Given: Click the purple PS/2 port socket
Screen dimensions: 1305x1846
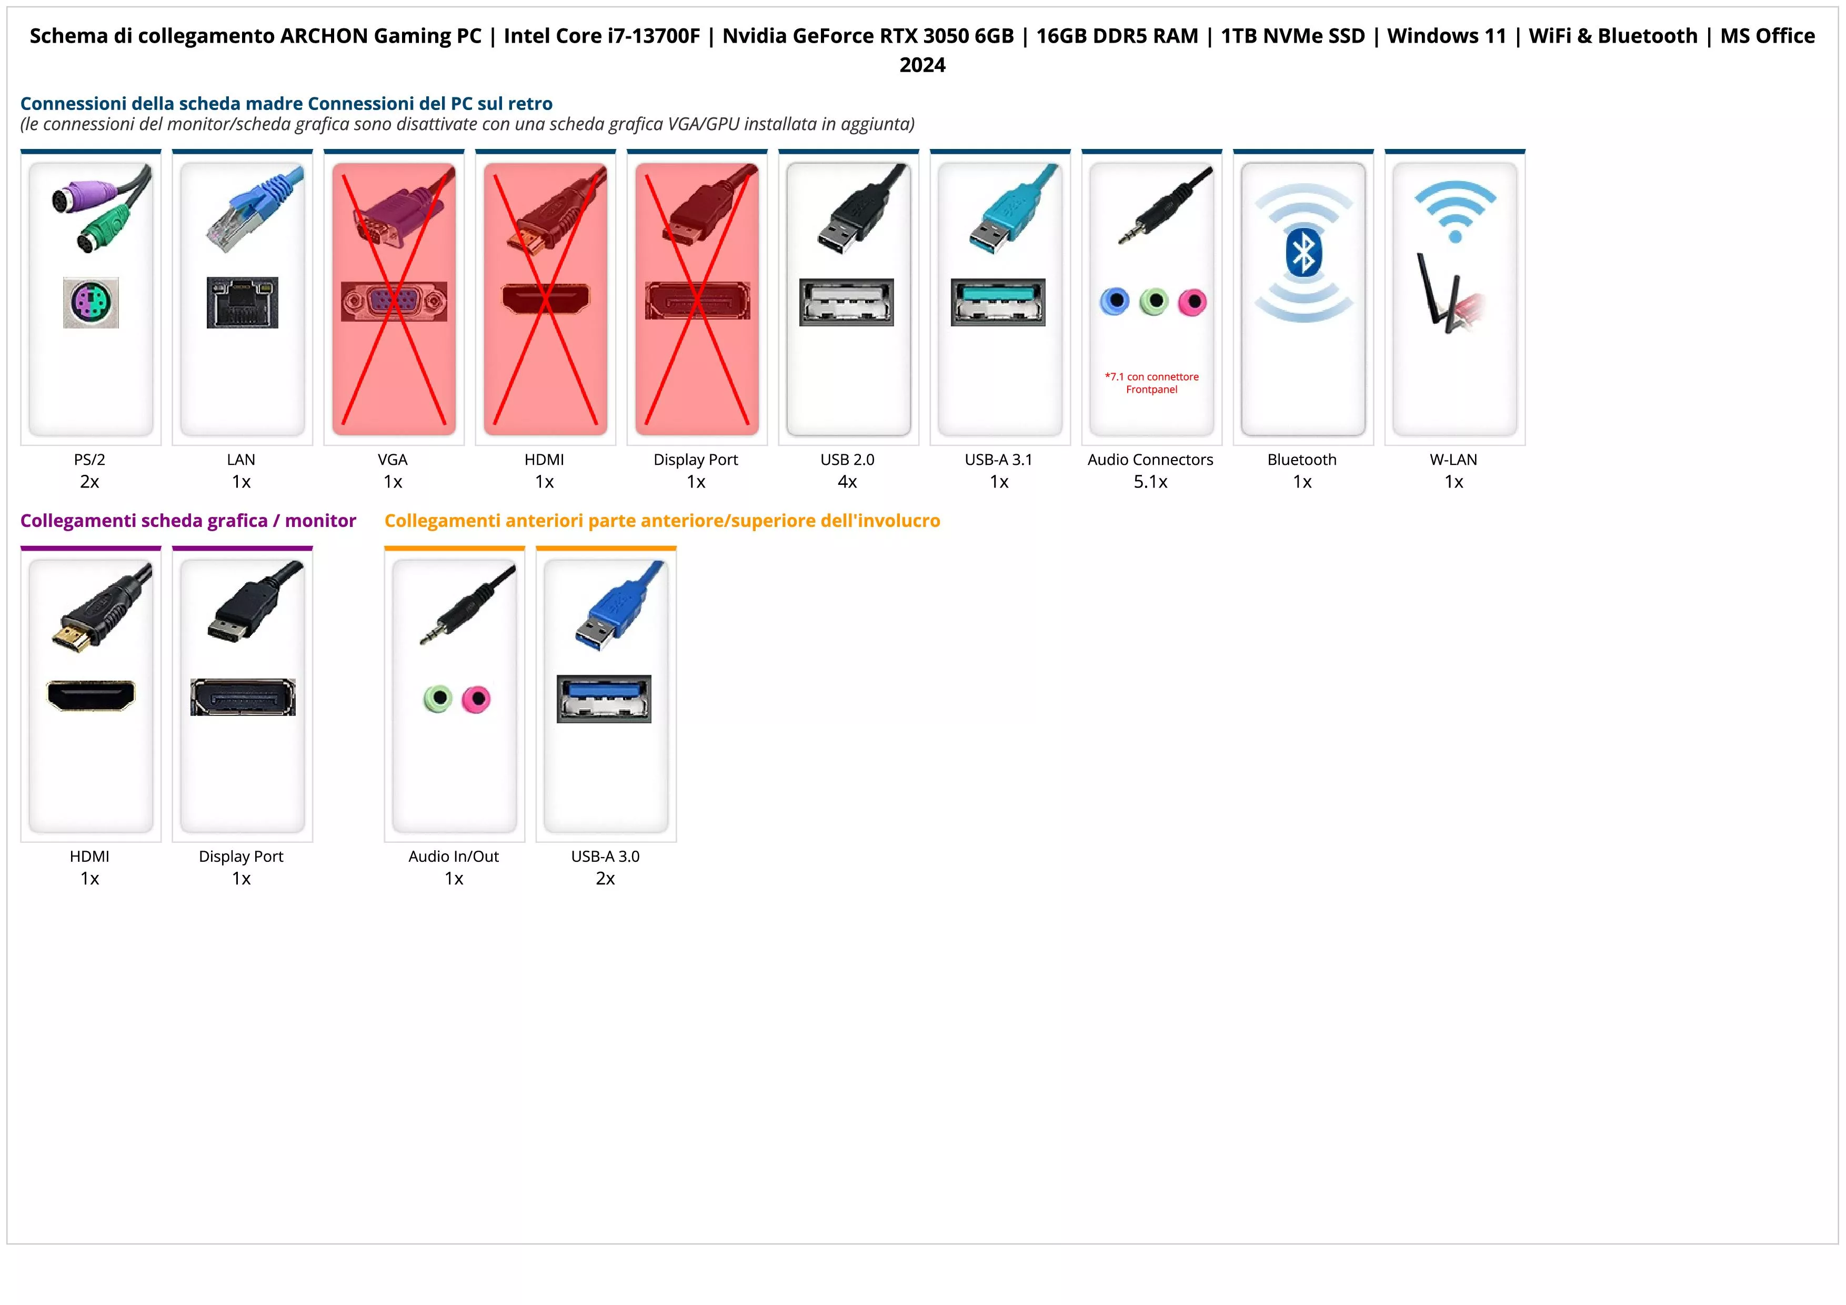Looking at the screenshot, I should pos(91,302).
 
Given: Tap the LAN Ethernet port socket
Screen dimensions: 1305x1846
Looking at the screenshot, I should pos(242,302).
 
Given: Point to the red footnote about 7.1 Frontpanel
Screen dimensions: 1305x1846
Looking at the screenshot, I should pos(1151,383).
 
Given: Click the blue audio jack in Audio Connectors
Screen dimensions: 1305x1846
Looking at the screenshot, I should pos(1115,302).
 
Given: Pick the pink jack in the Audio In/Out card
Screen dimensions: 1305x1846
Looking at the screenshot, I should pos(476,699).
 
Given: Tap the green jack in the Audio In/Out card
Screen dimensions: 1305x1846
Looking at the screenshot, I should pos(437,699).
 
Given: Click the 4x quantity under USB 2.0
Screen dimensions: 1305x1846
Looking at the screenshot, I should pos(847,482).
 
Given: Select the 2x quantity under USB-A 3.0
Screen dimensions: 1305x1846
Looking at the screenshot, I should pos(605,878).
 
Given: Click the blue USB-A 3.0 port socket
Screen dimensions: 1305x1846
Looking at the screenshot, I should pos(604,699).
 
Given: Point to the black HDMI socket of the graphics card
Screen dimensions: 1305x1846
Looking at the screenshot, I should pos(91,695).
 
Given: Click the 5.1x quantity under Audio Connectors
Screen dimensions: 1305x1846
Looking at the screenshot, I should pos(1150,482).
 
